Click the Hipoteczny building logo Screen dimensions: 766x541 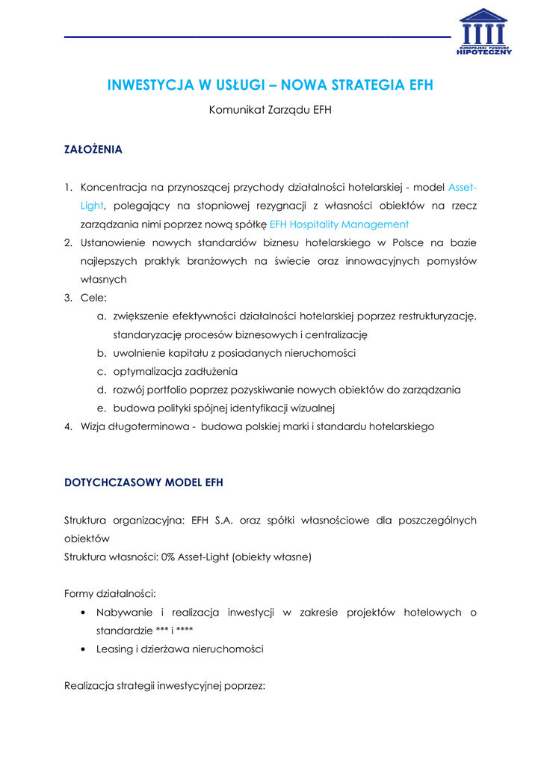(x=483, y=33)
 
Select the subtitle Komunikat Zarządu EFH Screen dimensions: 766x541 (x=270, y=110)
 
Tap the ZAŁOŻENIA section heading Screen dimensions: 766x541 (x=93, y=150)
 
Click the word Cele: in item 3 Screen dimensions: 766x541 (x=94, y=298)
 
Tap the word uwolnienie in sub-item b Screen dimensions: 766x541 (x=137, y=353)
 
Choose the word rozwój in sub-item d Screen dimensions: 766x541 (x=130, y=390)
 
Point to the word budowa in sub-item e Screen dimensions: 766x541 (x=129, y=408)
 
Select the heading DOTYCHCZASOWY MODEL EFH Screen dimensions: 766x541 (x=144, y=482)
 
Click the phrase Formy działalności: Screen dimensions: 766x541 (x=110, y=594)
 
